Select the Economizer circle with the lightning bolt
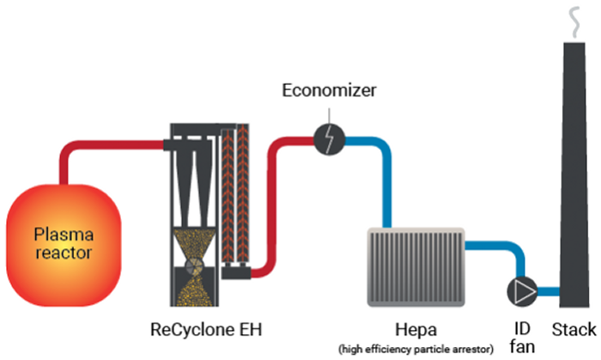tap(328, 138)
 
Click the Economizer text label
tap(329, 88)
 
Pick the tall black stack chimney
tap(573, 189)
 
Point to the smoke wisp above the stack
tap(573, 19)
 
